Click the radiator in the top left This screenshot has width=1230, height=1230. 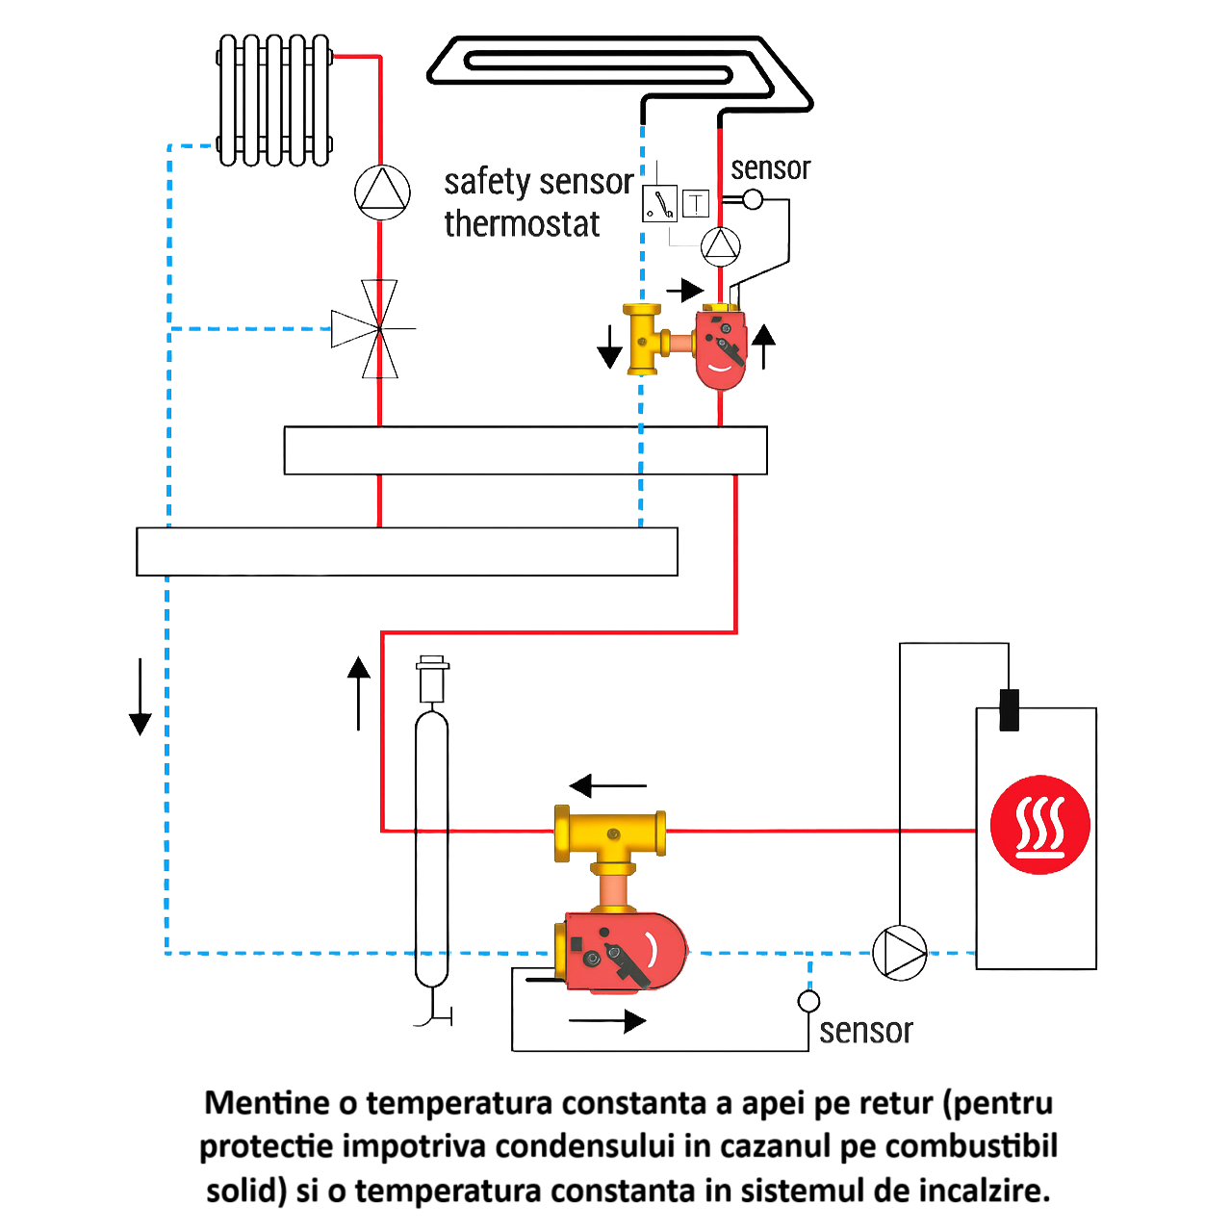274,100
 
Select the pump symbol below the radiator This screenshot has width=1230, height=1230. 382,192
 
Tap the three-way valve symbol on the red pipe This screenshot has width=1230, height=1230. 378,329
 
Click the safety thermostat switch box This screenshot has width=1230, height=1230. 659,203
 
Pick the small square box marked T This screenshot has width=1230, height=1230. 696,203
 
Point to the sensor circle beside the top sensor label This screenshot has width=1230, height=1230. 753,199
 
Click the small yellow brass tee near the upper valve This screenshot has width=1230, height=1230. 645,340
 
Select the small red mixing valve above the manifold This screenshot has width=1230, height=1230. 722,346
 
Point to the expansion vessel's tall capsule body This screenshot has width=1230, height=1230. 431,847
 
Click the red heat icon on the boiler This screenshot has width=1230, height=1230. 1039,825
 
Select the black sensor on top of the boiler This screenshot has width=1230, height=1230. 1009,709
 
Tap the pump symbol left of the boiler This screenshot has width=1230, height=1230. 900,953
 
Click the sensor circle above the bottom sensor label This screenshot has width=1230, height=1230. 808,1001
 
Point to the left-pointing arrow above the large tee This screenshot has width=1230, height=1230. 607,786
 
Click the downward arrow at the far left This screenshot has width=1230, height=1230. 141,697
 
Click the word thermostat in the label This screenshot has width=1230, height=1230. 522,224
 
